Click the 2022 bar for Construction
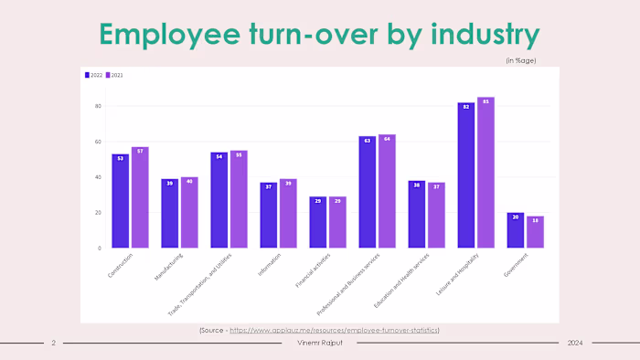pos(120,200)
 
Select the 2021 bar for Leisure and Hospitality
pos(485,173)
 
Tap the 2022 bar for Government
pos(516,229)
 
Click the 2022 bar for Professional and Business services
pos(367,192)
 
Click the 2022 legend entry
pos(93,75)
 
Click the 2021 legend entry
pos(114,75)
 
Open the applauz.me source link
pos(334,329)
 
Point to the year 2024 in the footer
pos(574,343)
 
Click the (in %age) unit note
pos(521,60)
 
